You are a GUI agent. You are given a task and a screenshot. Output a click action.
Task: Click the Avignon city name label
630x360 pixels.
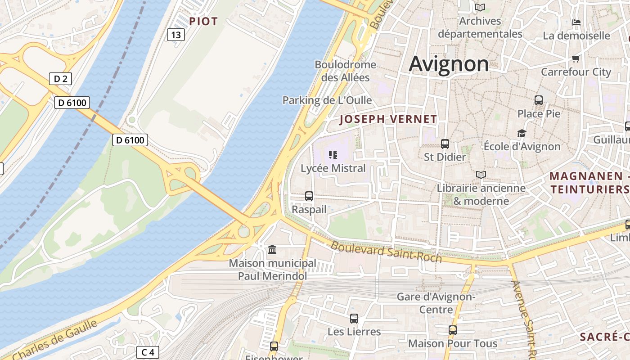click(x=449, y=64)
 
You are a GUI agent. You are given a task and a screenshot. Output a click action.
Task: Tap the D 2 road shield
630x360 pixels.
click(x=60, y=79)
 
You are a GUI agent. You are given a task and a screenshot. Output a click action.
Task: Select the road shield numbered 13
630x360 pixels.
click(x=176, y=35)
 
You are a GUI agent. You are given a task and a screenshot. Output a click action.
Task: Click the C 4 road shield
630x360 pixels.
click(x=148, y=352)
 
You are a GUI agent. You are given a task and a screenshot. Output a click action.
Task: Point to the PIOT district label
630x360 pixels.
click(x=203, y=21)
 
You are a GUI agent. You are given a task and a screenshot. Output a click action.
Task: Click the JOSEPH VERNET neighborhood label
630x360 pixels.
click(x=388, y=119)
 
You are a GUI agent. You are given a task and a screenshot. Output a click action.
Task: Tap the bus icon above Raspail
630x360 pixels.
click(x=309, y=196)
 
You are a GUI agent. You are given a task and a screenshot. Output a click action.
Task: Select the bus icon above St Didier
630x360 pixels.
click(x=445, y=144)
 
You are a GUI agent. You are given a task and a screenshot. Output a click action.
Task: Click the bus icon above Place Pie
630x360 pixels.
click(x=539, y=100)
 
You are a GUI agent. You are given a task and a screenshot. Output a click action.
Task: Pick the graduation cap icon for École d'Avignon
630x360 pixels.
click(x=522, y=134)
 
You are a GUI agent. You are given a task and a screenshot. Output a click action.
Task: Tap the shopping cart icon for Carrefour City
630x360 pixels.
click(x=576, y=59)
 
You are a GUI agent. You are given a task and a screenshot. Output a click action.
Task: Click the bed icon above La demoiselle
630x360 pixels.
click(x=576, y=22)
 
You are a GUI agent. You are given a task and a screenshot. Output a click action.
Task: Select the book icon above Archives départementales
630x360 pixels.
click(x=480, y=8)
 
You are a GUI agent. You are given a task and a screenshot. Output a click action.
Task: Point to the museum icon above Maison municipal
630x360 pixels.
click(x=272, y=249)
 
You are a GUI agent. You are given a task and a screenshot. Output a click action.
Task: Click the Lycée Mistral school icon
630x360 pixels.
click(x=333, y=155)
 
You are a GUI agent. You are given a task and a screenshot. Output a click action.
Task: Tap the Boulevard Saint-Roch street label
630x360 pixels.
click(x=387, y=252)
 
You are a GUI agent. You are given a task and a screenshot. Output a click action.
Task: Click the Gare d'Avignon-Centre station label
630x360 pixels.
click(x=436, y=303)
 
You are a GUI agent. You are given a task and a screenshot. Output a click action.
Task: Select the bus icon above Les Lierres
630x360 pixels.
click(x=354, y=319)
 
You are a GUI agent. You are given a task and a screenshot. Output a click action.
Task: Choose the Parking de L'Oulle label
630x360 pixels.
click(x=327, y=100)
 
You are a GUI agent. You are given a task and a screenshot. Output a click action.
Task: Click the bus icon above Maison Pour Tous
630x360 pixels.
click(x=453, y=330)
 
